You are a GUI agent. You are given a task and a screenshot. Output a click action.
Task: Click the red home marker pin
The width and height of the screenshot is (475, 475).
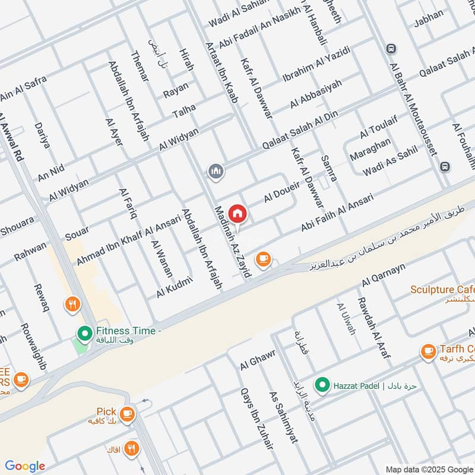click(x=237, y=213)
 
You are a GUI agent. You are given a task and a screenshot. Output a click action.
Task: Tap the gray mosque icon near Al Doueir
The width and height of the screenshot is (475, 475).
click(x=216, y=172)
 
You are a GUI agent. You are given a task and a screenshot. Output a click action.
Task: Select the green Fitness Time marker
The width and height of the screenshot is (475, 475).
click(x=84, y=332)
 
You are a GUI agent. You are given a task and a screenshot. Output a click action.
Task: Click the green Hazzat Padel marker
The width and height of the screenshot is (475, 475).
click(x=322, y=385)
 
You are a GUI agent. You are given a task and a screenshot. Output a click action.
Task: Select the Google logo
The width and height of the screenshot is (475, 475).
click(x=25, y=466)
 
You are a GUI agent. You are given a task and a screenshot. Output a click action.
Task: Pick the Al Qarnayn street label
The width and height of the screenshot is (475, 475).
click(x=383, y=276)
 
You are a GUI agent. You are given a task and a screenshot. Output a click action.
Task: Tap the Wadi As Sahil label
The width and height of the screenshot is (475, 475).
click(x=391, y=163)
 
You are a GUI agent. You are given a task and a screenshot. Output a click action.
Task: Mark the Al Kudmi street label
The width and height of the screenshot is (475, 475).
click(x=175, y=287)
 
